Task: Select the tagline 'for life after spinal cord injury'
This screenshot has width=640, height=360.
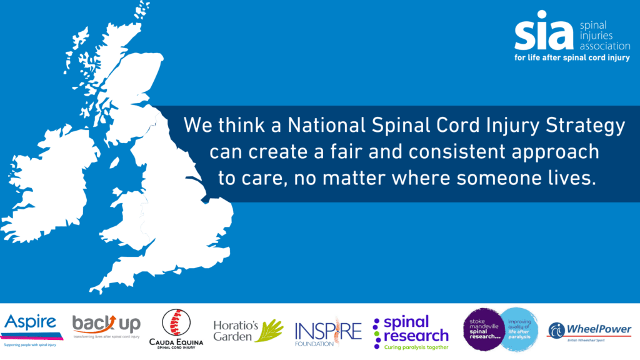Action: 571,57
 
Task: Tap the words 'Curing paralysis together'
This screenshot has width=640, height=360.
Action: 416,347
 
